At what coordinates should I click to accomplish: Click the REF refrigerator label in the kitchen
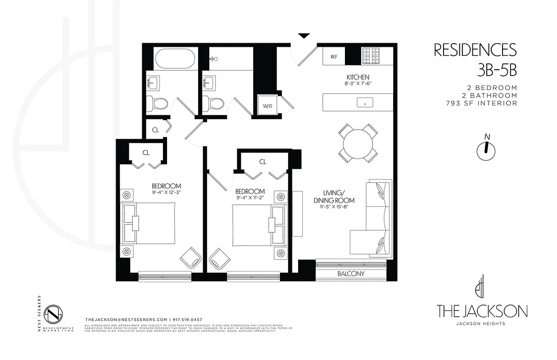(x=334, y=57)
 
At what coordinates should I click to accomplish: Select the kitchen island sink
(x=364, y=103)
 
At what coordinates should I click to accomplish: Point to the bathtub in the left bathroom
(x=175, y=58)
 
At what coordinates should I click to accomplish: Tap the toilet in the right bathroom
(x=214, y=103)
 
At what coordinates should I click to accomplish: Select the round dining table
(x=358, y=144)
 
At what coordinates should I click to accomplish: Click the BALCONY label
(x=351, y=274)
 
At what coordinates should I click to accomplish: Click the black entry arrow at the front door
(x=304, y=36)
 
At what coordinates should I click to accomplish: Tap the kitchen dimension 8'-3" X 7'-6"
(x=358, y=84)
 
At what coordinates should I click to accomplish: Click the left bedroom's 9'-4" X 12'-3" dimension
(x=166, y=193)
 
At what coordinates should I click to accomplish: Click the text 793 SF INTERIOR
(x=480, y=103)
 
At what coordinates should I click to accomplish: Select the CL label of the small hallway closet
(x=155, y=130)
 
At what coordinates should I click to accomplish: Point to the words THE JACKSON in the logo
(x=482, y=311)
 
